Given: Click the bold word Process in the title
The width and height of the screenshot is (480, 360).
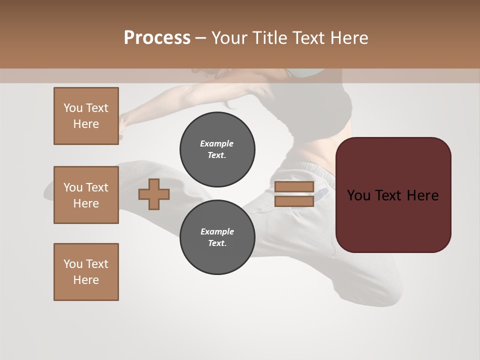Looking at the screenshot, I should [157, 38].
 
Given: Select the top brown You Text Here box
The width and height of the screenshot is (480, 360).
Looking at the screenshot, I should [86, 116].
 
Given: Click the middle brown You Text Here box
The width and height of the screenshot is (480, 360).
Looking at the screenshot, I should [86, 195].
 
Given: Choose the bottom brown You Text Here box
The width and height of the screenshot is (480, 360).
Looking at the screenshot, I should [86, 272].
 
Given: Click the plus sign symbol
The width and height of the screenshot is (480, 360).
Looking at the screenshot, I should [154, 194].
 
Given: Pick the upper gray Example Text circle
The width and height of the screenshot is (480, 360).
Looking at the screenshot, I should [217, 149].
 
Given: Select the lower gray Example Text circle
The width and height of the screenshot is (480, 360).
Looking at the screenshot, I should [217, 237].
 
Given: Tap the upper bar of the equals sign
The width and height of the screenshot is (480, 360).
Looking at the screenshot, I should [294, 186].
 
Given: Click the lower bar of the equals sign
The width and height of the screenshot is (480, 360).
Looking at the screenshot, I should [294, 201].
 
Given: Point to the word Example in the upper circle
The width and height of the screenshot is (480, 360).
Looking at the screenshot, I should [217, 143].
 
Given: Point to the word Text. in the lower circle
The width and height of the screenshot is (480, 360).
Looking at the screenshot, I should [217, 243].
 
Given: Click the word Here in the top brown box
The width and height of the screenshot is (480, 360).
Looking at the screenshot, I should [86, 124].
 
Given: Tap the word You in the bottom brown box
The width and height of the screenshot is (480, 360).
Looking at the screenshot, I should [73, 264].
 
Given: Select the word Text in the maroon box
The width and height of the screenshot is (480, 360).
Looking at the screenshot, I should [393, 195].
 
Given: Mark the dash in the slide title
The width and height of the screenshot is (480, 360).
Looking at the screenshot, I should [200, 38].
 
